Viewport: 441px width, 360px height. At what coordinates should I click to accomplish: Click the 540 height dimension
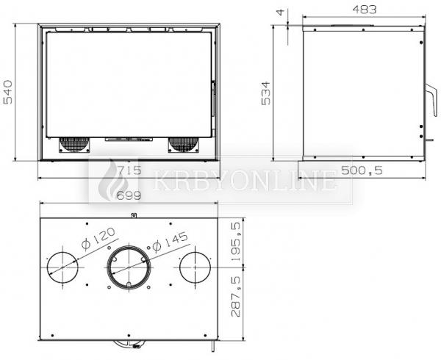tap(8, 92)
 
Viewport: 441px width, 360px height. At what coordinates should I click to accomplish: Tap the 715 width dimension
tap(129, 170)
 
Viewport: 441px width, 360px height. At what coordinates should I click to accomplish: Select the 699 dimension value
tap(129, 195)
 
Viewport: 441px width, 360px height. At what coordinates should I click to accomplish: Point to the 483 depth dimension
tap(365, 10)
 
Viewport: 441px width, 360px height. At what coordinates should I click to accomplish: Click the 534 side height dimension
tap(266, 93)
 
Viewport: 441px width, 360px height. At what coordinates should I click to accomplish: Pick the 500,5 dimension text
tap(362, 170)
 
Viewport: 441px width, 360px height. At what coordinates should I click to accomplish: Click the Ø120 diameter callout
tap(98, 239)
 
